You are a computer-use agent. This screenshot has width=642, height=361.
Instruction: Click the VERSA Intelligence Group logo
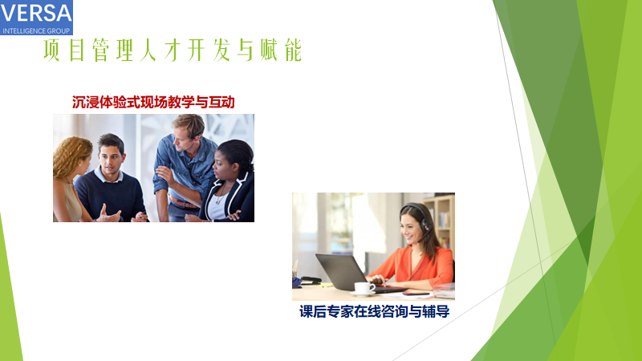pyautogui.click(x=36, y=17)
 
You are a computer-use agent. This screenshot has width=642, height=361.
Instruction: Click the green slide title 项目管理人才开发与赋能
pyautogui.click(x=173, y=51)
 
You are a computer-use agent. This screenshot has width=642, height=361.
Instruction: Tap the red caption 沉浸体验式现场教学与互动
pyautogui.click(x=153, y=103)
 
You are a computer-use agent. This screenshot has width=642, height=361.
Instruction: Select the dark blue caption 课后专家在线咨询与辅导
pyautogui.click(x=374, y=312)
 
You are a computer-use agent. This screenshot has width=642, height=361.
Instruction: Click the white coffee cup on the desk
pyautogui.click(x=364, y=287)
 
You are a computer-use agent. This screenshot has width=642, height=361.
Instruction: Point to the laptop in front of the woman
pyautogui.click(x=356, y=274)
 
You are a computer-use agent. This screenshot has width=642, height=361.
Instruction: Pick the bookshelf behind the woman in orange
pyautogui.click(x=439, y=221)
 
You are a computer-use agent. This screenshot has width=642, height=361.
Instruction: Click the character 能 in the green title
pyautogui.click(x=294, y=51)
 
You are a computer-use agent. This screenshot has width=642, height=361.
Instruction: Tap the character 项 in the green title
pyautogui.click(x=51, y=51)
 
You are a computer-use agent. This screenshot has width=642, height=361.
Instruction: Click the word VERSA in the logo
pyautogui.click(x=36, y=13)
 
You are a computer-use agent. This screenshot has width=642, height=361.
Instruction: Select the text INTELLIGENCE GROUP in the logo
pyautogui.click(x=36, y=30)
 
